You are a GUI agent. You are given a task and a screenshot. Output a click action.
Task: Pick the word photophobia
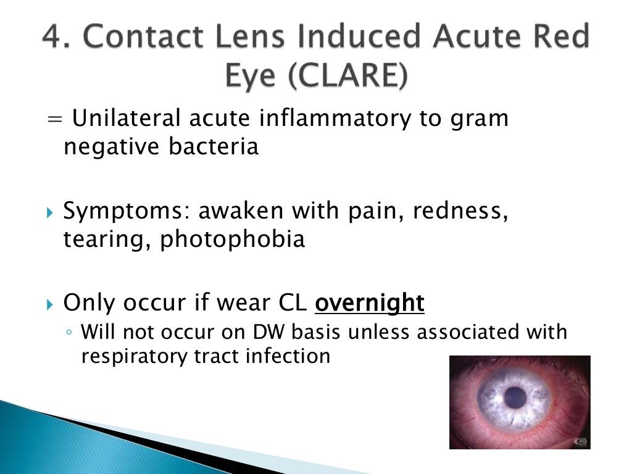tap(233, 239)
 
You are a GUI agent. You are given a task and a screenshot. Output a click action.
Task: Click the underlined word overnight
tap(370, 303)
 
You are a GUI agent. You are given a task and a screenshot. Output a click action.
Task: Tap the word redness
tap(461, 212)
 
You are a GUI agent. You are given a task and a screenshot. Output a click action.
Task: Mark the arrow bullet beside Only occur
tap(50, 304)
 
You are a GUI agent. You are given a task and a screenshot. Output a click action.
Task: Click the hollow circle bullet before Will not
tap(70, 333)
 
